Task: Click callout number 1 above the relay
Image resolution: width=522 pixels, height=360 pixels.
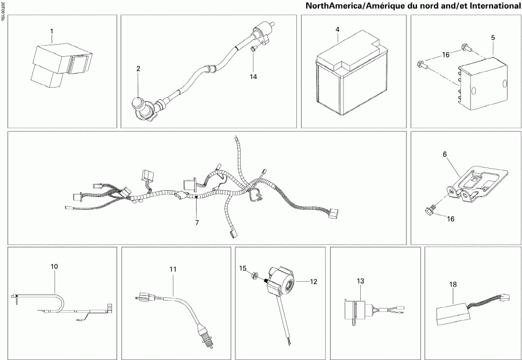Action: coord(52,30)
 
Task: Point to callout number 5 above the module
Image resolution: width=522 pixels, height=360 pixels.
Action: coord(493,38)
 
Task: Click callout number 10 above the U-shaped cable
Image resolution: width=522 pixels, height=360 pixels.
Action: coord(54,267)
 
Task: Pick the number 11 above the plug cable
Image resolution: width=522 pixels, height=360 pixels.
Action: coord(172,269)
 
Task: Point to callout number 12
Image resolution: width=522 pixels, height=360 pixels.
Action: coord(313,282)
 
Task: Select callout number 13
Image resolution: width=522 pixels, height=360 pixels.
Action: coord(360,281)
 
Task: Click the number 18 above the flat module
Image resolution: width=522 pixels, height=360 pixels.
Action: coord(453,284)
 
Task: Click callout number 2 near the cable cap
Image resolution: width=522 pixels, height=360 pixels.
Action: coord(138,68)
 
